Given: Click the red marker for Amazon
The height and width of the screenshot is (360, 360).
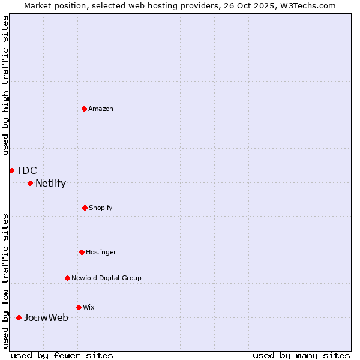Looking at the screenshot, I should click(84, 109).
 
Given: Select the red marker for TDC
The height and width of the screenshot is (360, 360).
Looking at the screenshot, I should click(11, 170).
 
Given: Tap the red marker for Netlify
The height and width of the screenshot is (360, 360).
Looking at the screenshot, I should click(30, 183).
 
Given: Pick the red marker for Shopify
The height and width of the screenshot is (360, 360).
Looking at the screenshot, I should click(85, 208).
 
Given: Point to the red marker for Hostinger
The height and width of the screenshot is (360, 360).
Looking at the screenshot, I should click(82, 252).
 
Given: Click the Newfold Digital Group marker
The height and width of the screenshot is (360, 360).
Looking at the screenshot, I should click(67, 278).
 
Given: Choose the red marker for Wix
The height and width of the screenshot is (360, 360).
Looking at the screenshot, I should click(79, 307).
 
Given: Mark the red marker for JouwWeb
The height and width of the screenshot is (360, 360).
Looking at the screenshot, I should click(19, 317).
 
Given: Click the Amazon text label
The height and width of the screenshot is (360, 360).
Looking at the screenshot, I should click(101, 109).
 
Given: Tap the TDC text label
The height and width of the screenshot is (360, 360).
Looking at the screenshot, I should click(26, 170).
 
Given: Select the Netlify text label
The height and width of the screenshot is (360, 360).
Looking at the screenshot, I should click(50, 184).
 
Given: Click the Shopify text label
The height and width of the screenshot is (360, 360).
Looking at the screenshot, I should click(101, 208).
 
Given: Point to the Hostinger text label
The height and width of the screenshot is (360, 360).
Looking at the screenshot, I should click(101, 252).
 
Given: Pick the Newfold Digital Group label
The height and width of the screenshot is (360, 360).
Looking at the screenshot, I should click(106, 278).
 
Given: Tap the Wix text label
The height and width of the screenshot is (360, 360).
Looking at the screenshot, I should click(89, 307).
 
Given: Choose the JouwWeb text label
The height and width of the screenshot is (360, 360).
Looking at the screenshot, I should click(46, 317).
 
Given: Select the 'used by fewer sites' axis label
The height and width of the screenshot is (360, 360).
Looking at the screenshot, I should click(62, 355).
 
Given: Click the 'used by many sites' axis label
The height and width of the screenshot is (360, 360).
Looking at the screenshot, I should click(301, 355).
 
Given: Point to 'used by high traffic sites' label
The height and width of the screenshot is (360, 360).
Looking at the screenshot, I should click(5, 85).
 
